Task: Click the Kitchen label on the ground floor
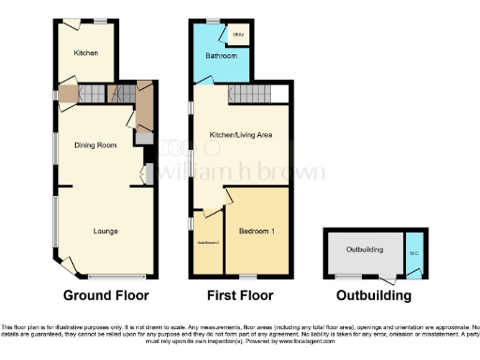pyautogui.click(x=85, y=53)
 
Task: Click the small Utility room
pyautogui.click(x=239, y=34)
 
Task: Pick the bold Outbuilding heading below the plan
pyautogui.click(x=374, y=295)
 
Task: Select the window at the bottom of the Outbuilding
pyautogui.click(x=349, y=276)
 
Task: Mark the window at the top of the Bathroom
pyautogui.click(x=213, y=21)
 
